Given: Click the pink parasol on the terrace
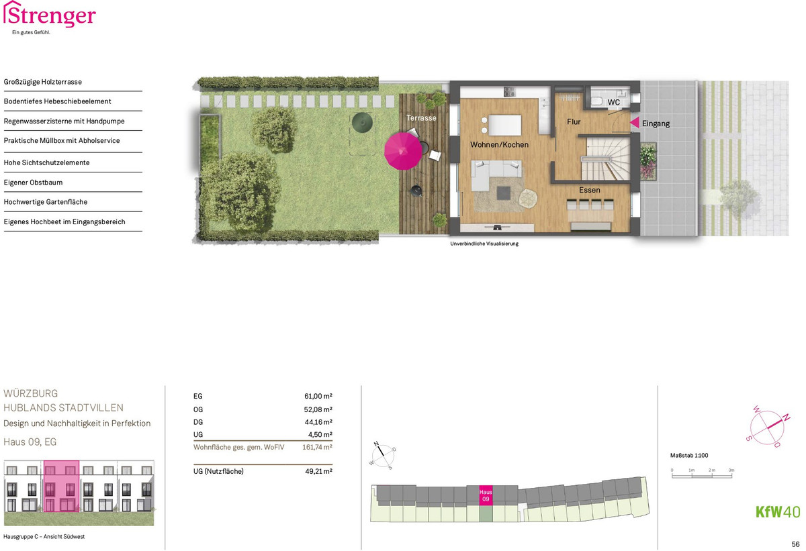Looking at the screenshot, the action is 403,151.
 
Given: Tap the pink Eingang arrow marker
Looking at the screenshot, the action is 635,122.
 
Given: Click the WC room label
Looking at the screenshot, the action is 613,103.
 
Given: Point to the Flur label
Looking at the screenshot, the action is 574,122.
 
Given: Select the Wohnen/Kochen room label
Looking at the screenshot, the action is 499,144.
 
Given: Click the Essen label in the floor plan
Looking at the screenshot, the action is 590,190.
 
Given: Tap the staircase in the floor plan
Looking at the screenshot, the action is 607,159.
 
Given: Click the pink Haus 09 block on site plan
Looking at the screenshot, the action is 486,495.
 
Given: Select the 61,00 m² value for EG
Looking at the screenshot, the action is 318,396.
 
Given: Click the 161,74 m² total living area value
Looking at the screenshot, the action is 317,447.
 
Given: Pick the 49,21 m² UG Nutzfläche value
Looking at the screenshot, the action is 318,471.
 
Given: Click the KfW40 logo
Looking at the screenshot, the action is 778,511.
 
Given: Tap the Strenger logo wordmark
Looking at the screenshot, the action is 50,15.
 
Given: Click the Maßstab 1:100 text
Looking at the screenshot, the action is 688,456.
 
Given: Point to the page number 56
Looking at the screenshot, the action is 795,544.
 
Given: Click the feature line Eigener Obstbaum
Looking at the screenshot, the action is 33,183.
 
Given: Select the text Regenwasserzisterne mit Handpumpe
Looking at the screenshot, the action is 64,121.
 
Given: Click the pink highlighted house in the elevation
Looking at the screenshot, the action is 61,487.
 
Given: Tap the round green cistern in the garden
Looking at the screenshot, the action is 362,122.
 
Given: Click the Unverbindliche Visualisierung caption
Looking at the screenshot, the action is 484,244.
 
